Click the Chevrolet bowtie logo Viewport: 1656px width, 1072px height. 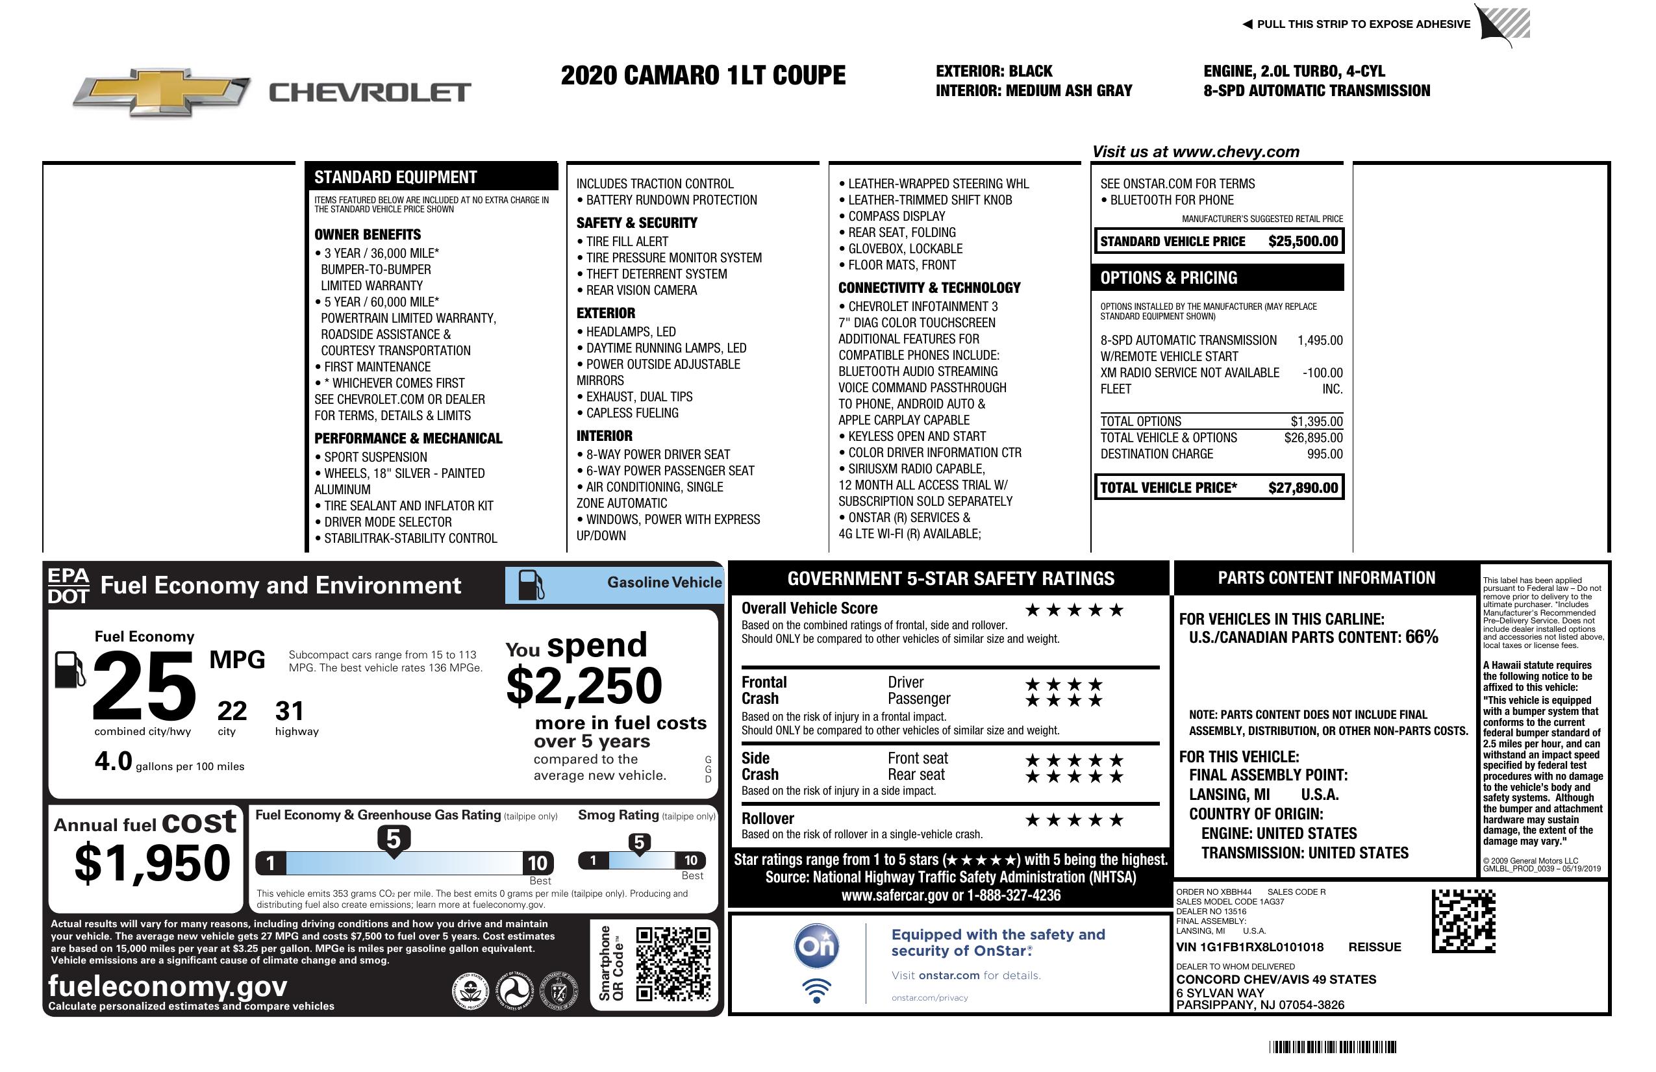162,92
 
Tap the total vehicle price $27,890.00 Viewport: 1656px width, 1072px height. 1303,488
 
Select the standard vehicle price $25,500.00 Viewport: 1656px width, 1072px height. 1303,242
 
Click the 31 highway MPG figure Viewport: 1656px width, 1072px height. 290,711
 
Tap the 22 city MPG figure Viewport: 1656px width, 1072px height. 232,711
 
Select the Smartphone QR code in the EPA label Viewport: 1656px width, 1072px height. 673,964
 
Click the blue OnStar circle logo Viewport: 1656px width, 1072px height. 816,946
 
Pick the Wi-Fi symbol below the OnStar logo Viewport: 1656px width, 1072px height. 816,991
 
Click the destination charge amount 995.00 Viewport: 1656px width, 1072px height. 1324,455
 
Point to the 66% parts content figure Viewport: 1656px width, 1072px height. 1421,636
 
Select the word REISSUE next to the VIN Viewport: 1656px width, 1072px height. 1374,947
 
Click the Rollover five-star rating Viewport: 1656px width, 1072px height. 1074,820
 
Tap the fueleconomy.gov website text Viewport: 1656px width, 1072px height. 167,986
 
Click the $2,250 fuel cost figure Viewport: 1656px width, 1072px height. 584,686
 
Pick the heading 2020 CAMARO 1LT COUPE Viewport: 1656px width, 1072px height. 703,75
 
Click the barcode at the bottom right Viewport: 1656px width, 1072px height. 1333,1047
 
